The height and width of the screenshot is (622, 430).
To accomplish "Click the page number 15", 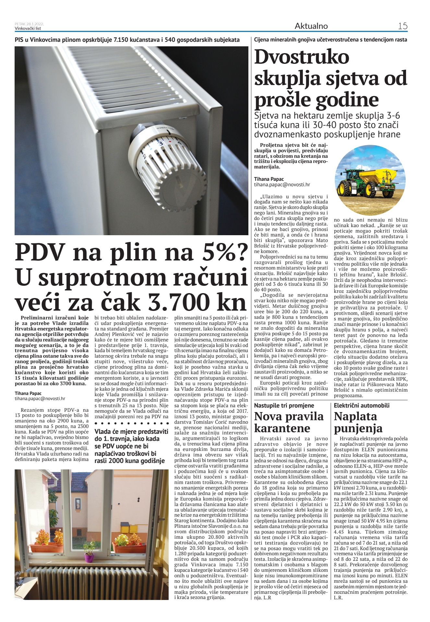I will (x=402, y=26).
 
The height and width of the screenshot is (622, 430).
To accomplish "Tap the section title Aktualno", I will (x=311, y=26).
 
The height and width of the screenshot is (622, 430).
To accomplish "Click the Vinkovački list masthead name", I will (x=28, y=29).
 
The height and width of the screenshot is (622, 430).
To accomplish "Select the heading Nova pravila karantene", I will (x=289, y=422).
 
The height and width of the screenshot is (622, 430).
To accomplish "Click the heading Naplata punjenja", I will (x=358, y=422).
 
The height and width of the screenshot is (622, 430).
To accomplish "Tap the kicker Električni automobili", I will (x=362, y=405).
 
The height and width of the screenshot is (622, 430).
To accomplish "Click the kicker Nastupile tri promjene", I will (x=284, y=405).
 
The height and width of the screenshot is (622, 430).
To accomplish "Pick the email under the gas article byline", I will (x=40, y=399).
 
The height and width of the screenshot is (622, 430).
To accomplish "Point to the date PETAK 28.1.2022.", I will (x=29, y=24).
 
